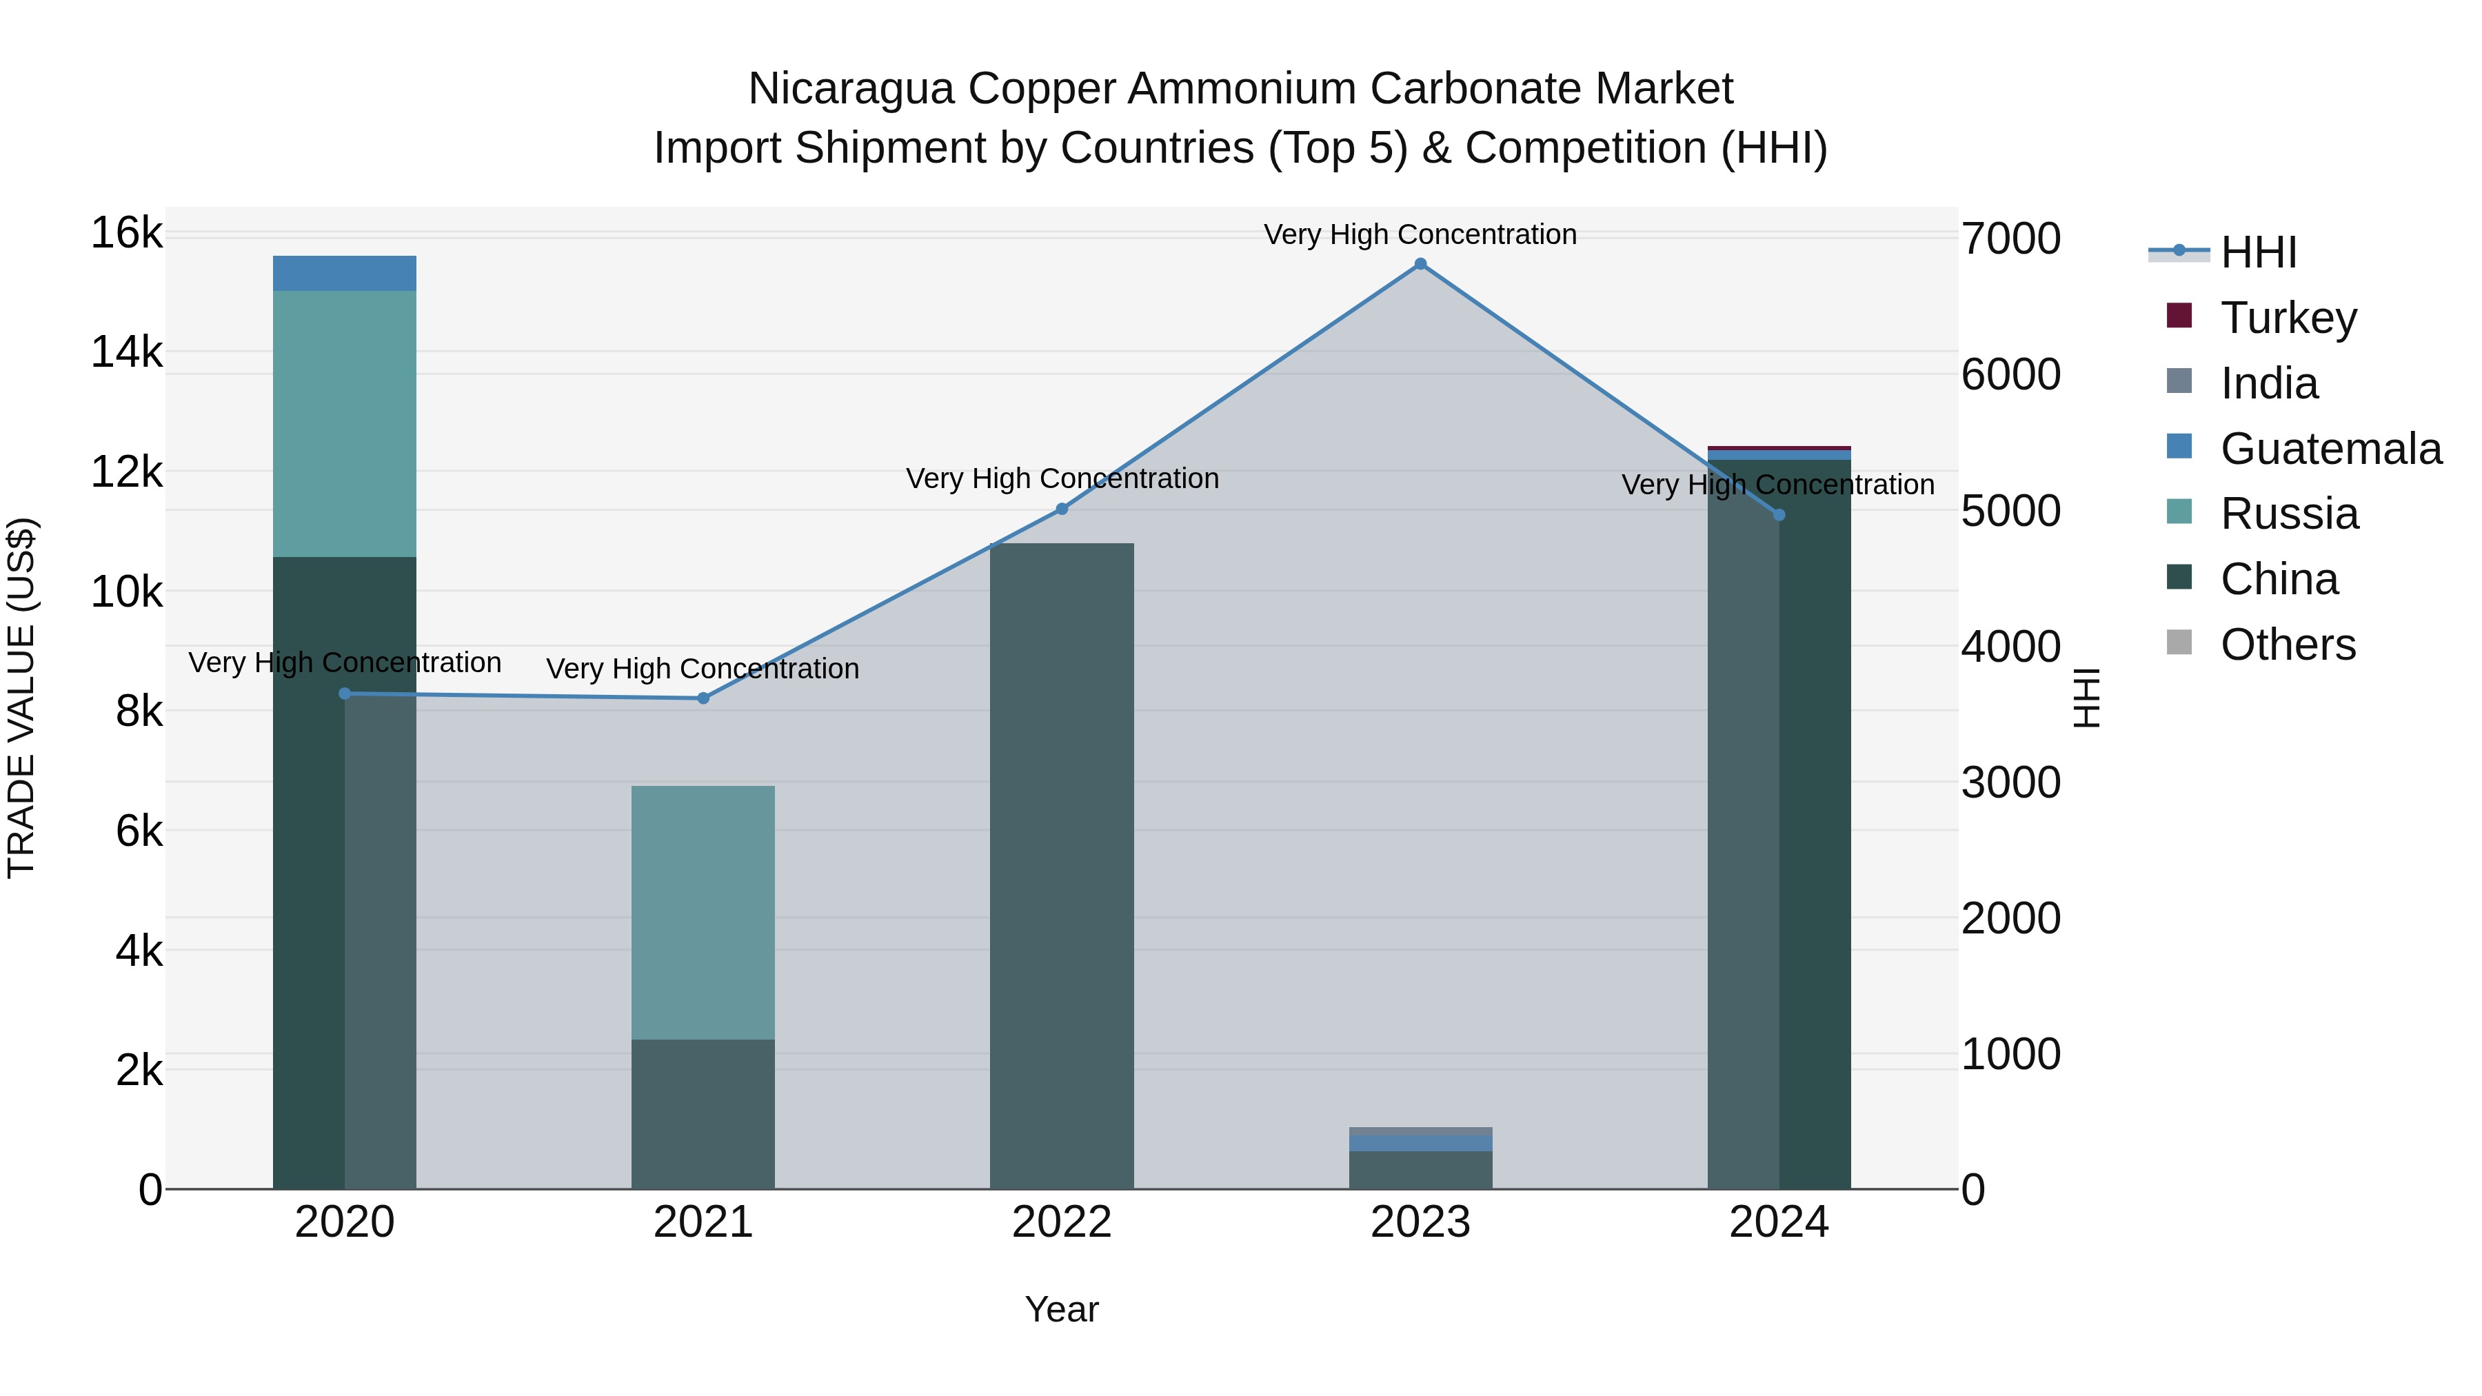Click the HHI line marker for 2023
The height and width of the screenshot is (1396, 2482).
click(x=1420, y=264)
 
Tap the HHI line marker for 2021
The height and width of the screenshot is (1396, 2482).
click(x=703, y=698)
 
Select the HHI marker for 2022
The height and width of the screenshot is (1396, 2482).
click(x=1062, y=509)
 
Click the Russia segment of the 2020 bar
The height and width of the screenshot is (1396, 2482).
click(x=344, y=424)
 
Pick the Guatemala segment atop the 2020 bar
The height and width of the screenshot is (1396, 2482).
click(x=344, y=274)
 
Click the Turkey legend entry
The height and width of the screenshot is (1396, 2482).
click(x=2288, y=318)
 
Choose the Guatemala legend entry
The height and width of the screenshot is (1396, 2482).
click(x=2330, y=449)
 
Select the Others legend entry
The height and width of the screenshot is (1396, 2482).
click(x=2288, y=645)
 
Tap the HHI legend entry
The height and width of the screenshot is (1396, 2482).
click(x=2259, y=252)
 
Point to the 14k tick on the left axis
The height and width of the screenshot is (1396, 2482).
click(x=126, y=352)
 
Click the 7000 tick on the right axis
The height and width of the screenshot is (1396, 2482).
click(x=2011, y=239)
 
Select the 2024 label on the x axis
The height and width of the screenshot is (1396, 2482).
click(x=1779, y=1222)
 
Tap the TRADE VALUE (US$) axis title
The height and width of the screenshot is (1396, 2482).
click(x=21, y=698)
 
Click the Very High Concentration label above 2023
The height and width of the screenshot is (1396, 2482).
click(x=1420, y=234)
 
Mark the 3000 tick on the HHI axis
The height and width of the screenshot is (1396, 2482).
click(x=2011, y=782)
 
